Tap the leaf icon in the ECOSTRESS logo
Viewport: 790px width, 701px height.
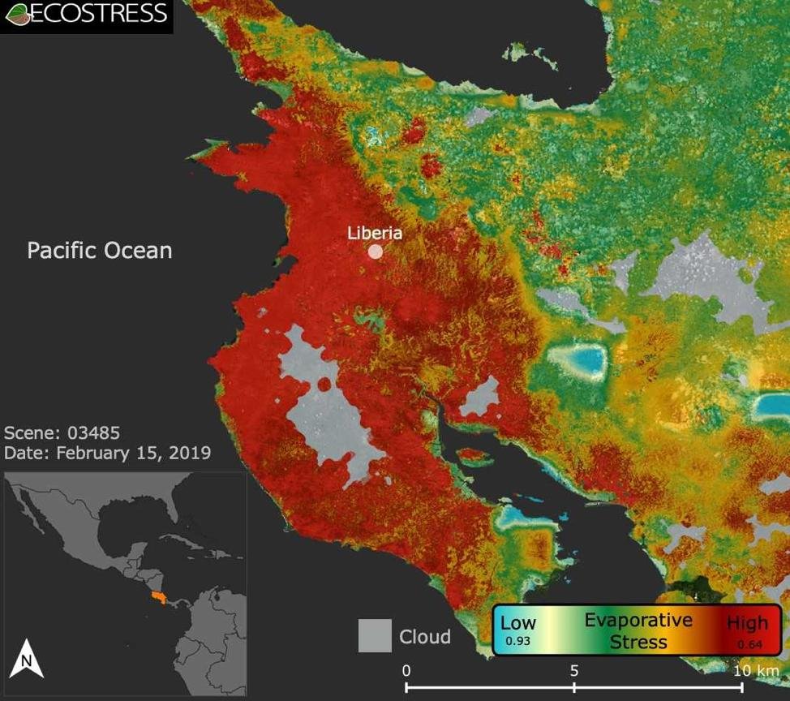click(x=17, y=14)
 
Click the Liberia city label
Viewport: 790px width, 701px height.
click(x=375, y=232)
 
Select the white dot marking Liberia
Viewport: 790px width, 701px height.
click(x=376, y=252)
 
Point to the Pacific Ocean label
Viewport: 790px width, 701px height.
click(x=100, y=250)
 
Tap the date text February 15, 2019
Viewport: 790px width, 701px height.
click(x=133, y=452)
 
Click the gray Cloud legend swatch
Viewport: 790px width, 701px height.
click(x=375, y=636)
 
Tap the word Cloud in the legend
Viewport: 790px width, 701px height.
click(x=424, y=637)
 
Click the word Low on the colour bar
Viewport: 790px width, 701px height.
click(x=518, y=623)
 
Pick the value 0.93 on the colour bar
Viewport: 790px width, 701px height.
click(x=518, y=641)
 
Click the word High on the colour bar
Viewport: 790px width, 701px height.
click(x=747, y=624)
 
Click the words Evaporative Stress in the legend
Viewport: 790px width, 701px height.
click(x=638, y=631)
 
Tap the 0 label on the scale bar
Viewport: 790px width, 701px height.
click(x=406, y=671)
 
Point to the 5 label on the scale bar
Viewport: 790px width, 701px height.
click(x=574, y=671)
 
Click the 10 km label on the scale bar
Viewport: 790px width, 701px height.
click(x=755, y=671)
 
